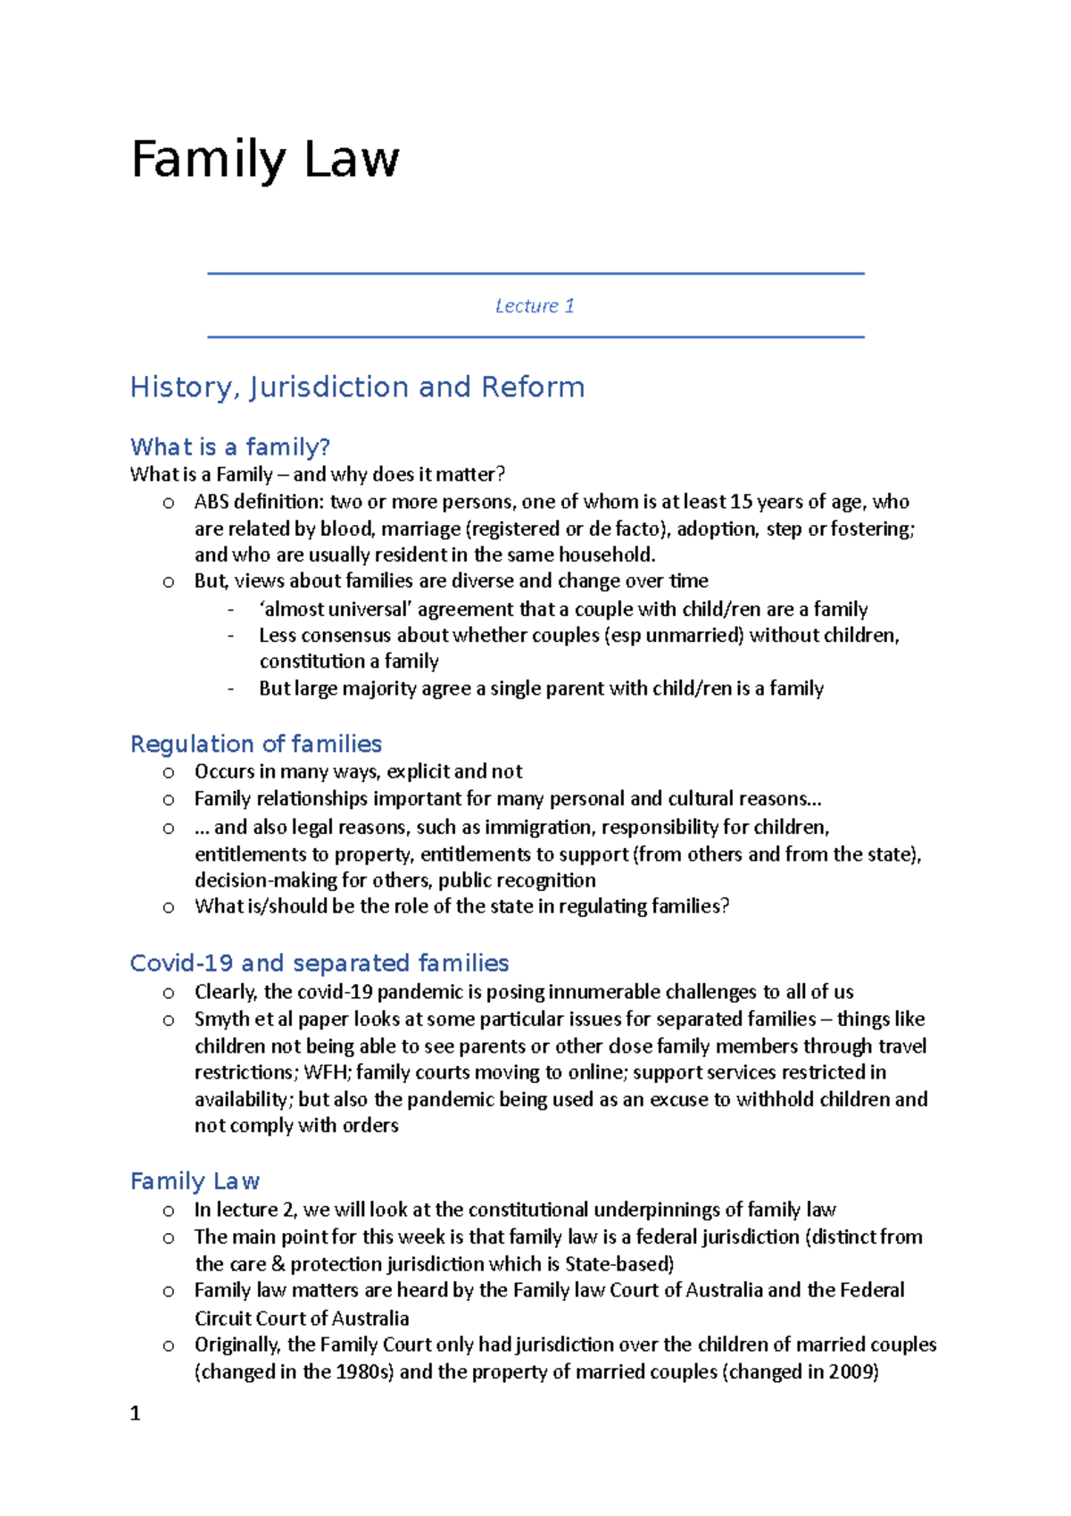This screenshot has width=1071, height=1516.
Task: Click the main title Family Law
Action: click(265, 161)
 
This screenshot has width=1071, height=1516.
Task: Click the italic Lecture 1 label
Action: click(535, 306)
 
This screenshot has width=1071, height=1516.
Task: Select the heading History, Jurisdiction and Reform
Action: click(357, 387)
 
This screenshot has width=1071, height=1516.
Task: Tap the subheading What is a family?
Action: click(230, 446)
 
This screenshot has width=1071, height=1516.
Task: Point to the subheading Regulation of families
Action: click(256, 744)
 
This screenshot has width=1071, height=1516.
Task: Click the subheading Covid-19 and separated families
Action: click(320, 963)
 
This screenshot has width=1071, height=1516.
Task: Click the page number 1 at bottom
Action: click(136, 1413)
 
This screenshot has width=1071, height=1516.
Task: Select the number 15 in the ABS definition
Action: click(741, 502)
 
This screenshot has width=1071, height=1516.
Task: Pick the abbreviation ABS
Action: click(212, 502)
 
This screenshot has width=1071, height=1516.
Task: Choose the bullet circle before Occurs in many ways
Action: click(169, 772)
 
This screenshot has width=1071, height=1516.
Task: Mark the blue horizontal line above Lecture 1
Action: click(535, 273)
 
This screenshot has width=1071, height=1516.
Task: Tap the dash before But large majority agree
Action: click(232, 688)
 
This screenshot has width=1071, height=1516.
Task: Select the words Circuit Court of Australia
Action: click(302, 1319)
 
